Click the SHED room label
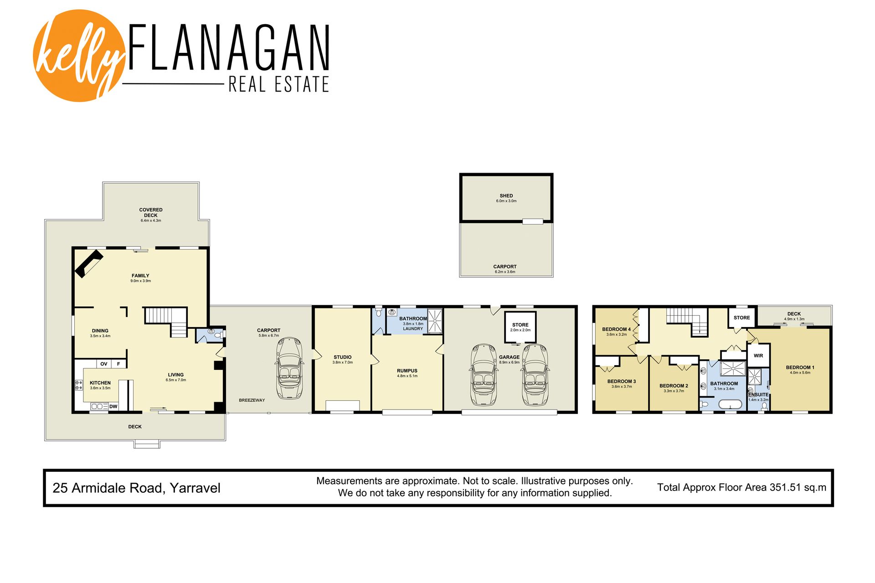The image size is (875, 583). (x=506, y=196)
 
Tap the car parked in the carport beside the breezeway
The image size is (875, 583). (x=289, y=368)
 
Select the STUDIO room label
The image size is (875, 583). (x=343, y=357)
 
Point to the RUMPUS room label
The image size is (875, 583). (x=407, y=371)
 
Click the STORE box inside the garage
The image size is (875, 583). (x=520, y=327)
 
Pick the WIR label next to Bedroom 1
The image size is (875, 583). (x=758, y=356)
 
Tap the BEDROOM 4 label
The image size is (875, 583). (x=617, y=329)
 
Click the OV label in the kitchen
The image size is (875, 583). (x=104, y=364)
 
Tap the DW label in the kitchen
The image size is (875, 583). (x=113, y=406)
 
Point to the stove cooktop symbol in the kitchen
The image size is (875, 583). (x=79, y=385)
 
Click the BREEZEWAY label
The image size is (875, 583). (x=252, y=400)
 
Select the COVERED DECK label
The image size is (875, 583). (x=151, y=213)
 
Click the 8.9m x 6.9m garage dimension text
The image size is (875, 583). (x=510, y=363)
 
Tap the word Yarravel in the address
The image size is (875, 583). (x=195, y=488)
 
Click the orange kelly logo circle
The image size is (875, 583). (x=79, y=56)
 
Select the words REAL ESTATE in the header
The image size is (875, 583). (x=278, y=85)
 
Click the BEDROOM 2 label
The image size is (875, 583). (x=674, y=386)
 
